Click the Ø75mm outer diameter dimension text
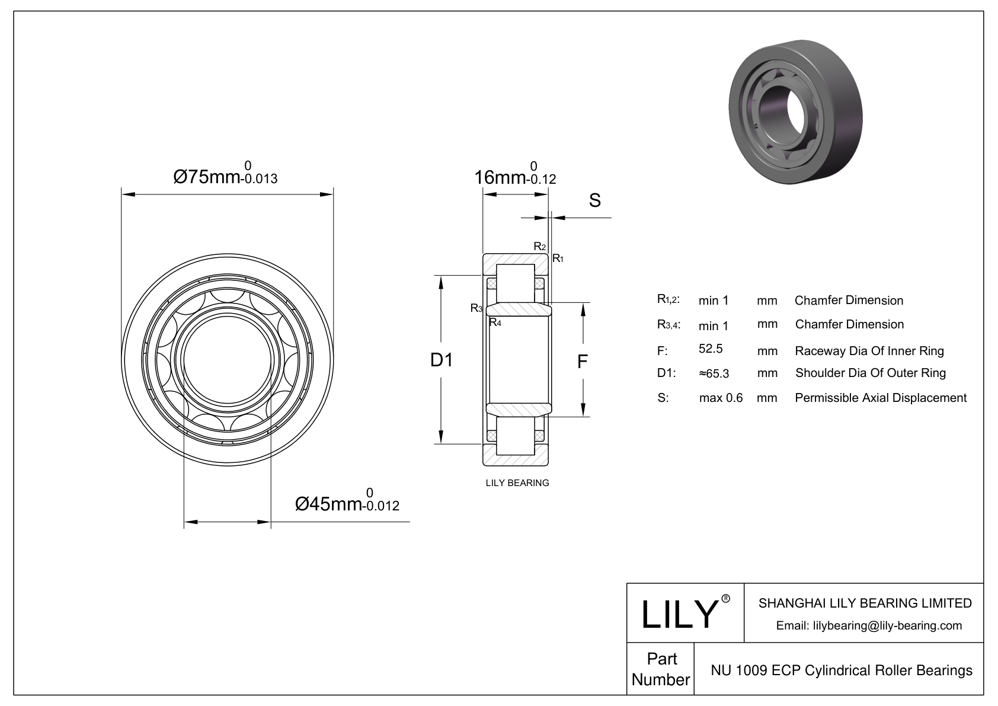(x=225, y=176)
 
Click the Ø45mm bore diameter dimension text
(x=347, y=504)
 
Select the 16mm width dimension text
(x=515, y=176)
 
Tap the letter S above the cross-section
(x=594, y=201)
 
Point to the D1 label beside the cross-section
(x=442, y=359)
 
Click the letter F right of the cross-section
(x=583, y=361)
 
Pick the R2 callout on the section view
(x=539, y=247)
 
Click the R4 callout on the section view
(x=495, y=323)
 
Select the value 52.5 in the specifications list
(x=711, y=349)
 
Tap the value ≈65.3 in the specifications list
(x=714, y=373)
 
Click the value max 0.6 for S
(x=721, y=398)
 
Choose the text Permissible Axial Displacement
(x=880, y=398)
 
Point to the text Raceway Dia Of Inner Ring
(x=869, y=351)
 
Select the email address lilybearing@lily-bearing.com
(x=869, y=625)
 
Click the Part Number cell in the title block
(x=661, y=669)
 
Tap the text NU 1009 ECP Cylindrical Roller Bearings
(x=841, y=670)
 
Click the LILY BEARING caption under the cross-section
(x=517, y=483)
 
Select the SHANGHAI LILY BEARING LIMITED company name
(x=865, y=603)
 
